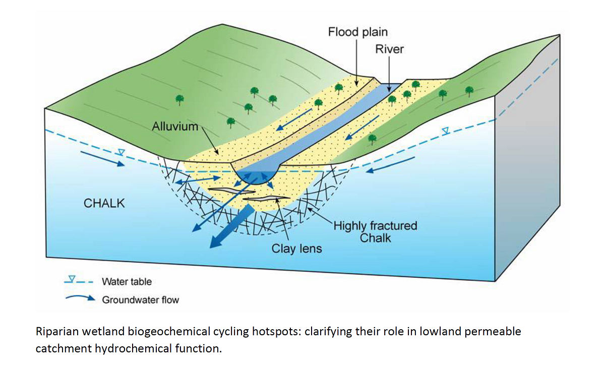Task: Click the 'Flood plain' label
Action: pyautogui.click(x=358, y=32)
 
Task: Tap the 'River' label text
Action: pyautogui.click(x=389, y=49)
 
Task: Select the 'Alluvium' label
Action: pyautogui.click(x=175, y=127)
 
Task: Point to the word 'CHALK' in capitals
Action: pyautogui.click(x=104, y=204)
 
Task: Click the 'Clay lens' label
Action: pyautogui.click(x=296, y=249)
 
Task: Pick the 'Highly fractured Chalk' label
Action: pyautogui.click(x=375, y=231)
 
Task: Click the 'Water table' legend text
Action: pyautogui.click(x=127, y=282)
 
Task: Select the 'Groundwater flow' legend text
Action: pyautogui.click(x=140, y=300)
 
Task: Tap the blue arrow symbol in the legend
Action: pyautogui.click(x=80, y=298)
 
